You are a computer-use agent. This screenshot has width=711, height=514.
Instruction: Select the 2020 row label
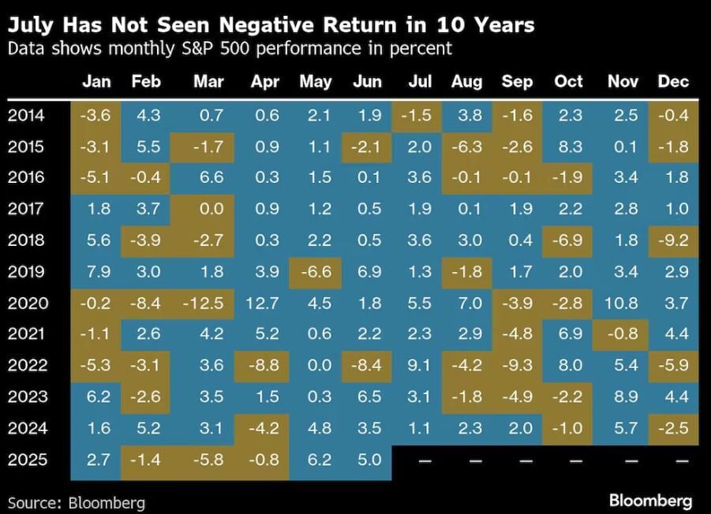pos(28,304)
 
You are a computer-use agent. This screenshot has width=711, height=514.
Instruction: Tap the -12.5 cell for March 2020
pos(208,304)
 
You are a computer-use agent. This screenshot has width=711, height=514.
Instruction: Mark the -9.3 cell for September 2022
pos(518,366)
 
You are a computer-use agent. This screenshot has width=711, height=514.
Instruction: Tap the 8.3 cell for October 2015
pos(569,147)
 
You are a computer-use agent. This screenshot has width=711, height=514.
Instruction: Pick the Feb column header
pos(146,82)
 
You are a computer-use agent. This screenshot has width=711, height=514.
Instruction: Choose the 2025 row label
pos(28,460)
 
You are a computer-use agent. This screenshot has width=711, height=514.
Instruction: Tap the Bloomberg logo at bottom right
pos(650,500)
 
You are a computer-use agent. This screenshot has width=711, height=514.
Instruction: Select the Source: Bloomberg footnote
pos(77,502)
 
